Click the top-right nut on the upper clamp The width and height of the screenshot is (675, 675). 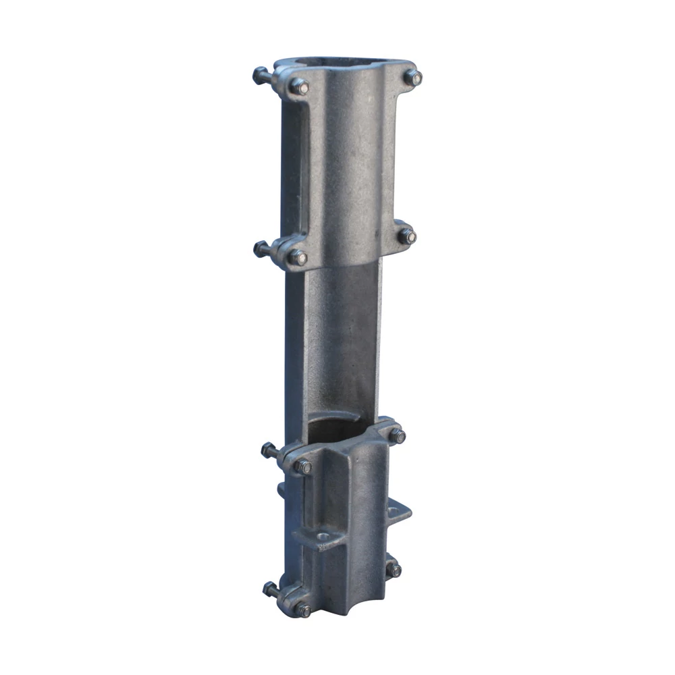point(412,77)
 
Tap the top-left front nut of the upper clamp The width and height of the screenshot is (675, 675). point(298,86)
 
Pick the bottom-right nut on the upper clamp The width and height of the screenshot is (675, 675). point(406,236)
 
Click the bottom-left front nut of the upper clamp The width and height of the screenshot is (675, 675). point(297,257)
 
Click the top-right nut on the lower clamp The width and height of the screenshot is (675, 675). point(397,436)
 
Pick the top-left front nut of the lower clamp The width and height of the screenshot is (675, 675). point(302,466)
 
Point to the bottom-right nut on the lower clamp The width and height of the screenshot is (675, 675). point(394,569)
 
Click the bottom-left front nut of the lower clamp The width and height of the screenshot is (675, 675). point(302,610)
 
